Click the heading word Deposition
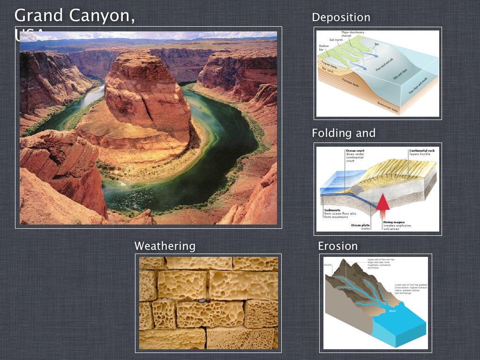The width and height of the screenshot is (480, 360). pos(341,18)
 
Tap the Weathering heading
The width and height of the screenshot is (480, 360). pos(165,246)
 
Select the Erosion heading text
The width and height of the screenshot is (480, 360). pos(337,246)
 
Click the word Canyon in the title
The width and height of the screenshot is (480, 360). pos(102,15)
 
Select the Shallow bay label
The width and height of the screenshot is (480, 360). pos(324,47)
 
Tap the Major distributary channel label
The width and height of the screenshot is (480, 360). pos(346,34)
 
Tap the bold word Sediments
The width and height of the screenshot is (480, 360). pos(333,210)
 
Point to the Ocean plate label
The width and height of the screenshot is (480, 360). pos(360,225)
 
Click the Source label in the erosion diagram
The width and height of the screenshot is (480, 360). pos(328,265)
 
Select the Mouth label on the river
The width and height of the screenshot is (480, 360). pos(392,310)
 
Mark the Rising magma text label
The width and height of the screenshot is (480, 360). pos(394,222)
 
